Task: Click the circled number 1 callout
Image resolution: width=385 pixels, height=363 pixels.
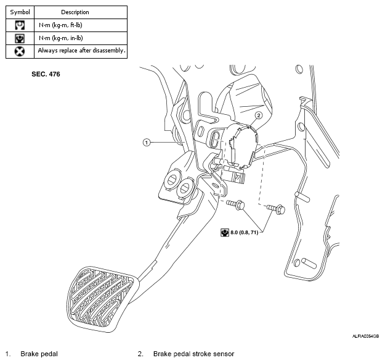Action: [147, 143]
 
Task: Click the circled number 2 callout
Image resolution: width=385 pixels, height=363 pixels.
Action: [259, 115]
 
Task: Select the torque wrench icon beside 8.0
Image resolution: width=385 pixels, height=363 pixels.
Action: [224, 232]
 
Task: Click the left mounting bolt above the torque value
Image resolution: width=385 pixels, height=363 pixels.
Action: [236, 204]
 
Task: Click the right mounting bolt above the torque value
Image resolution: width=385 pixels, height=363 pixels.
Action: [276, 209]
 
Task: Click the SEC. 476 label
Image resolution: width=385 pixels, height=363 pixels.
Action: [46, 74]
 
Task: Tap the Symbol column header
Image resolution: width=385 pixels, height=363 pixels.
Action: [20, 12]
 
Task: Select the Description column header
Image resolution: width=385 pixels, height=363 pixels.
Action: [75, 12]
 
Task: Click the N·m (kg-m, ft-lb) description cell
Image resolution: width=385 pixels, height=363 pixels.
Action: [60, 25]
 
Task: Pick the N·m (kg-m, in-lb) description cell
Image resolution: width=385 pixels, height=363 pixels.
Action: [60, 38]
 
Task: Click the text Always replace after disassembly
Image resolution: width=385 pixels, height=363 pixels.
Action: [81, 51]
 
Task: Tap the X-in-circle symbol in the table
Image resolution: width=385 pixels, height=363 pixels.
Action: [20, 51]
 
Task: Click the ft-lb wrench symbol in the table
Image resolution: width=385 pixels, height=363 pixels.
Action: [20, 25]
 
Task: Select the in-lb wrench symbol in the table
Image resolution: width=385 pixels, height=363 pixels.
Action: [20, 38]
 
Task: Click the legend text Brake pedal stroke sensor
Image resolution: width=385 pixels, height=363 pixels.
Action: [193, 354]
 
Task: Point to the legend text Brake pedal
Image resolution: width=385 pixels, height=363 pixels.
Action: [39, 354]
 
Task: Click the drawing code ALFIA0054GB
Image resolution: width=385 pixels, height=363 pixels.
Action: [366, 336]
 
